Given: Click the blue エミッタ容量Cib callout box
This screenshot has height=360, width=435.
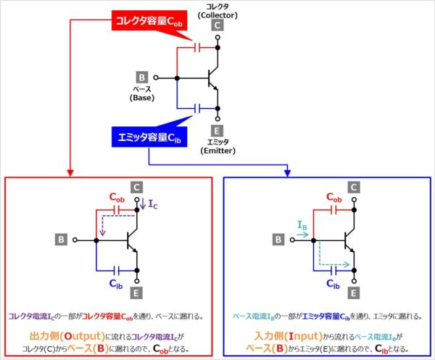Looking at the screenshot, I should pyautogui.click(x=146, y=136).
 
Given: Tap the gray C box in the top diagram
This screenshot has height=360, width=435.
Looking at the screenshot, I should pyautogui.click(x=217, y=25).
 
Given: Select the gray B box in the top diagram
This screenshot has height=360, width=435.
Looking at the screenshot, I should pyautogui.click(x=142, y=77).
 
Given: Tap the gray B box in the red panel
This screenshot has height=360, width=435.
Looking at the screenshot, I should pyautogui.click(x=63, y=238).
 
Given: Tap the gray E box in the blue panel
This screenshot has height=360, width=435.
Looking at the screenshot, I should pyautogui.click(x=354, y=294).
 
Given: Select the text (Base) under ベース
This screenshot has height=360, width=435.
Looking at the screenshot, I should pyautogui.click(x=142, y=97).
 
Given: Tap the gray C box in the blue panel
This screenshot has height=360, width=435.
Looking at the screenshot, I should pyautogui.click(x=354, y=188).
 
